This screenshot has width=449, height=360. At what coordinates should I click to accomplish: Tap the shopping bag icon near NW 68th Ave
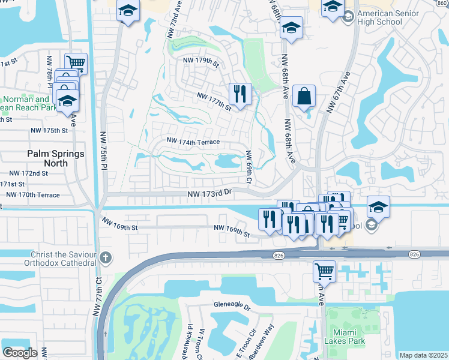(x=304, y=96)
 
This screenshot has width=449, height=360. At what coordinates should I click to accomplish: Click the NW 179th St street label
(x=202, y=61)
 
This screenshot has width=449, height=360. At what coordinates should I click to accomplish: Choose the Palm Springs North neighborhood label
(x=56, y=154)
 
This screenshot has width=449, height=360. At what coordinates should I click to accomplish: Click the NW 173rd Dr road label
(x=209, y=194)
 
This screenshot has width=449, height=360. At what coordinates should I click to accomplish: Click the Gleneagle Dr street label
(x=231, y=305)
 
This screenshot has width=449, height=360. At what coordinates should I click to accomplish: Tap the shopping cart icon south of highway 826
(x=324, y=271)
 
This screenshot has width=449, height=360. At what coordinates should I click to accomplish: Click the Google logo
(x=20, y=352)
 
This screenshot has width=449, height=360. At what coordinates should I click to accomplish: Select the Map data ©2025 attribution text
(x=423, y=355)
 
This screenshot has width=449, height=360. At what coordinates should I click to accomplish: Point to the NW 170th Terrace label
(x=33, y=194)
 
